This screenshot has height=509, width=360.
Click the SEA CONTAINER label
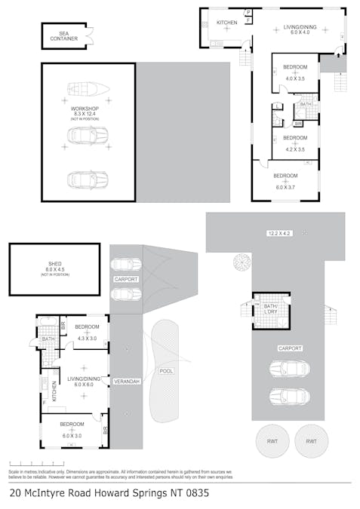click(64, 35)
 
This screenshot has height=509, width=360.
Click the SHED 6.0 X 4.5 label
click(54, 266)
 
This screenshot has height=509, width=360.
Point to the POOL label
click(166, 371)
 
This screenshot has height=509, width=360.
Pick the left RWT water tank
click(269, 441)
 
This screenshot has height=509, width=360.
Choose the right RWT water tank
click(311, 441)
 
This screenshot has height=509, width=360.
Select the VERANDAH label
click(126, 382)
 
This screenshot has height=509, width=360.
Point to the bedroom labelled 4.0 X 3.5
click(295, 72)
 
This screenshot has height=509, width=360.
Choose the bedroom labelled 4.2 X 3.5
click(295, 143)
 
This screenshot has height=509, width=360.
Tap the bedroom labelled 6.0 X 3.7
click(285, 179)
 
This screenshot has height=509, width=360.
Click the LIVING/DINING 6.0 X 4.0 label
click(300, 27)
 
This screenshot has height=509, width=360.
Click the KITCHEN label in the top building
click(227, 23)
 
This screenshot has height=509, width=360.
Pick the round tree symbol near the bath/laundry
click(242, 262)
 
